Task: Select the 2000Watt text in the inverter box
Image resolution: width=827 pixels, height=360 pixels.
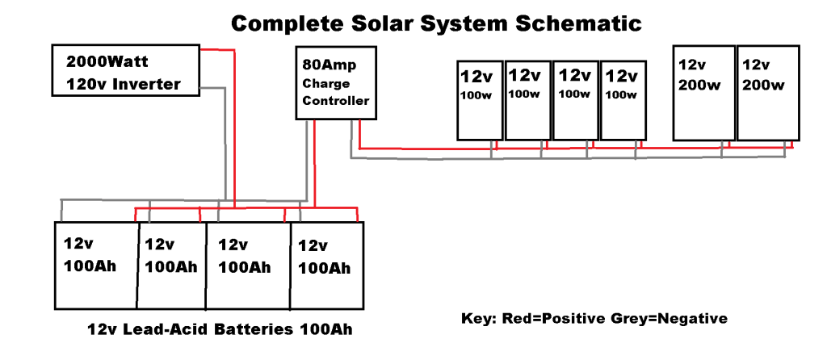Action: click(x=107, y=61)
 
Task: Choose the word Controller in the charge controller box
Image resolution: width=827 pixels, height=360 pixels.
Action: click(x=336, y=101)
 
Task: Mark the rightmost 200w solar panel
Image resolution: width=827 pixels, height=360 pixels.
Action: click(x=768, y=94)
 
